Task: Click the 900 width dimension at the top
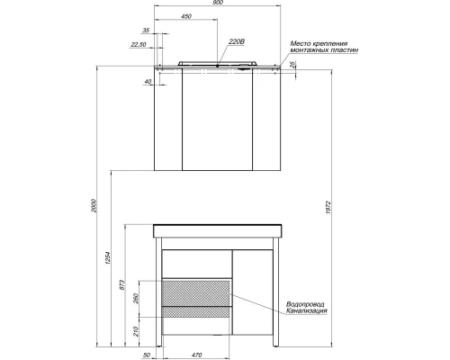[x=220, y=4]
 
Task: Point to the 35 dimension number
[x=146, y=32]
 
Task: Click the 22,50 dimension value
[x=138, y=44]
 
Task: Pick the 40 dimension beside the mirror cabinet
[x=147, y=82]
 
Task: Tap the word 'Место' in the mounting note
[x=301, y=43]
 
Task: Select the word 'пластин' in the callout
[x=345, y=51]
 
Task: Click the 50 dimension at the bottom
[x=147, y=355]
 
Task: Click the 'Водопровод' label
[x=303, y=304]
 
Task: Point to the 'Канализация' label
[x=305, y=311]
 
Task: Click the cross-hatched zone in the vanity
[x=195, y=292]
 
